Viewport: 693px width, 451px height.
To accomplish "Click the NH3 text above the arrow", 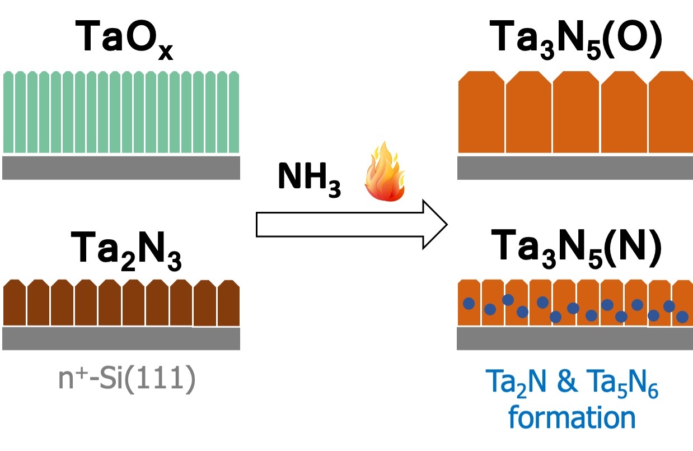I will click(308, 179).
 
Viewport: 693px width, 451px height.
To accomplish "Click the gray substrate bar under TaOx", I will click(121, 168).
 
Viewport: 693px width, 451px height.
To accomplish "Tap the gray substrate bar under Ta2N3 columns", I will click(121, 338).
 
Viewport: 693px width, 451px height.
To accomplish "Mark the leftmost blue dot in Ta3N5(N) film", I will click(469, 304).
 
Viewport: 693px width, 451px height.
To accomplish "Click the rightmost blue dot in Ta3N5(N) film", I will click(682, 317).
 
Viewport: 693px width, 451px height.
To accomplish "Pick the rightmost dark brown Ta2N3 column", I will click(229, 303).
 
